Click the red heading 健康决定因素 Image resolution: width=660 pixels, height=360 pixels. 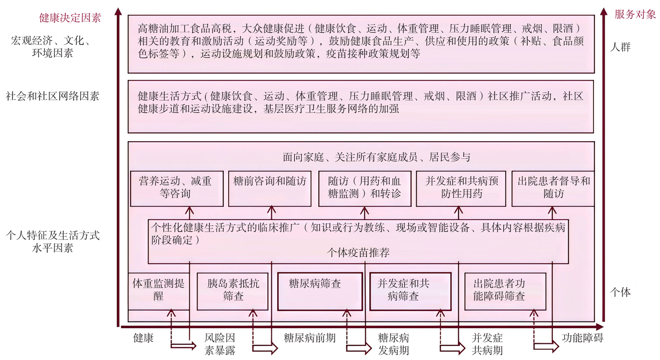70,18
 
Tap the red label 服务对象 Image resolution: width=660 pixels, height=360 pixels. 635,15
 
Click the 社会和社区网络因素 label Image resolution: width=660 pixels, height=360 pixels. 52,96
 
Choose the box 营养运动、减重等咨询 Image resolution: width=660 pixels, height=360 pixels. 176,188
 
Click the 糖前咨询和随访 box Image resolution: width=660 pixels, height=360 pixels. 269,188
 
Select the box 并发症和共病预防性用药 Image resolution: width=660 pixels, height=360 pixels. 461,188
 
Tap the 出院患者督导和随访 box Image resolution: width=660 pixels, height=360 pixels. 553,188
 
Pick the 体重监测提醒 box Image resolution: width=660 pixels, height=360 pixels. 158,290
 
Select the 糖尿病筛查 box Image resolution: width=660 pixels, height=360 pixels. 320,291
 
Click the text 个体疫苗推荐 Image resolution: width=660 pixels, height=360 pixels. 358,253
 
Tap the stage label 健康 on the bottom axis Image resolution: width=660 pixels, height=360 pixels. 143,338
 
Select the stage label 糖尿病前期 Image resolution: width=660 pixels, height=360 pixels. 310,338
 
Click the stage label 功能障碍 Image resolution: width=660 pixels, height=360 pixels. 582,338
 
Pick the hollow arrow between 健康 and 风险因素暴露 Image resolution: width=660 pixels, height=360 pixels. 184,346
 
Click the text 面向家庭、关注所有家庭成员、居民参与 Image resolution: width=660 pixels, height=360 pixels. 376,158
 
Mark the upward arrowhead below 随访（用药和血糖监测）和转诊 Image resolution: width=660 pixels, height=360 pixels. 365,211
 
